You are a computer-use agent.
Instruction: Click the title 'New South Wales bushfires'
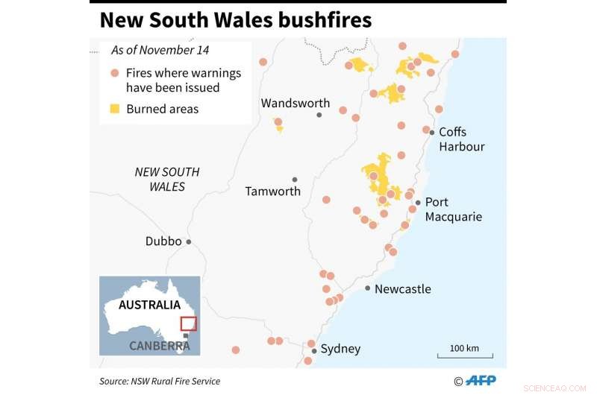click(235, 20)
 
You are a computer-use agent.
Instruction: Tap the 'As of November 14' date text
click(160, 51)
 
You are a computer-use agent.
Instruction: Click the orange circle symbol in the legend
click(114, 73)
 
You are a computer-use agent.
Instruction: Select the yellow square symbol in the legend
click(114, 109)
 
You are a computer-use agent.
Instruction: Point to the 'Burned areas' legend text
click(162, 109)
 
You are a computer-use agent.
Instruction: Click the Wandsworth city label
click(295, 103)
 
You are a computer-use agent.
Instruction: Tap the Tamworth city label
click(273, 192)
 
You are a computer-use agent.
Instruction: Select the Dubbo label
click(163, 241)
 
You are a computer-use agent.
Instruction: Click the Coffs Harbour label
click(461, 139)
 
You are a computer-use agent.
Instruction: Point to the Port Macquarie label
click(454, 209)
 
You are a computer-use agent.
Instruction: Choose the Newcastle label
click(403, 289)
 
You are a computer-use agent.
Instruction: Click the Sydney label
click(340, 349)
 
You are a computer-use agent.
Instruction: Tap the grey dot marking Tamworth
click(295, 180)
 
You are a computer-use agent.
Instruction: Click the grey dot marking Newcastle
click(368, 288)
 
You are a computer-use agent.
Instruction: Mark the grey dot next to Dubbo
click(189, 241)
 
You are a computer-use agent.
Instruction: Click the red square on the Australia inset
click(188, 323)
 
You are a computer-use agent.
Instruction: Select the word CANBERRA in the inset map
click(160, 346)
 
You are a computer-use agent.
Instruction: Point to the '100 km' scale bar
click(463, 353)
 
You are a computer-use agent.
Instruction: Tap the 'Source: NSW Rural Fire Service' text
click(160, 381)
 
